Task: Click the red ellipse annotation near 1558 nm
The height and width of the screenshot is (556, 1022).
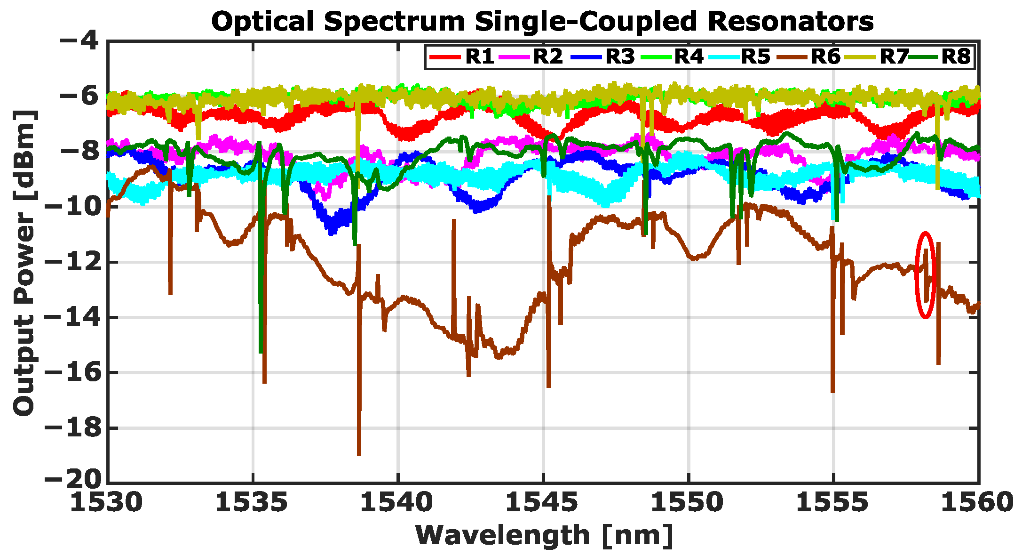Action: coord(925,275)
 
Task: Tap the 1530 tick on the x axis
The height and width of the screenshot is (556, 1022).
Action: coord(107,503)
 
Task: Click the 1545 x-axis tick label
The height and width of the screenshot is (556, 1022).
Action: coord(543,503)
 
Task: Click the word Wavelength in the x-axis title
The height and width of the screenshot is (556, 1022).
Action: coord(502,535)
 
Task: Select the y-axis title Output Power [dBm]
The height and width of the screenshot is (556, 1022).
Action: coord(24,263)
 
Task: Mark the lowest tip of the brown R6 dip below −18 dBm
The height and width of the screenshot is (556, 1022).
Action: coord(359,455)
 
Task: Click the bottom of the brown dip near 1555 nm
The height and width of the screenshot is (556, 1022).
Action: coord(832,392)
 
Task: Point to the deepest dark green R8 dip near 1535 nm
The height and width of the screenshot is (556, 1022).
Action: coord(261,352)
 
